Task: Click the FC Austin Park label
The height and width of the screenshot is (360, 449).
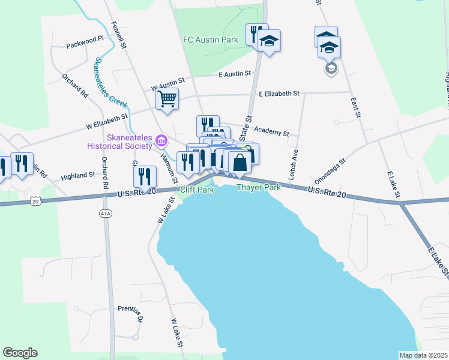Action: [x=211, y=40]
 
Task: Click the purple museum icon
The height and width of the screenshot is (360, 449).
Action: [x=161, y=142]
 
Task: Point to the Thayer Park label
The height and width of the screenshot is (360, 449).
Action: [x=259, y=188]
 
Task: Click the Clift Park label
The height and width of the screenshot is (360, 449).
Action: [x=196, y=190]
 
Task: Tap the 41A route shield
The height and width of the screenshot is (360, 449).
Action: [x=106, y=213]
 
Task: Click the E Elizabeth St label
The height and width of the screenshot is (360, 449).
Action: [x=279, y=94]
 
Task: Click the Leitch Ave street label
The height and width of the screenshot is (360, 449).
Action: [x=294, y=166]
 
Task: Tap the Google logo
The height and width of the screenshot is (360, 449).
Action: [x=20, y=353]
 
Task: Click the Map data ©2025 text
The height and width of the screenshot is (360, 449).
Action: [x=423, y=355]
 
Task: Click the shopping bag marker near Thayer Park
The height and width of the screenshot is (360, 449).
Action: [x=240, y=162]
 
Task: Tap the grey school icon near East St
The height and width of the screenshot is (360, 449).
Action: [x=331, y=68]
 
